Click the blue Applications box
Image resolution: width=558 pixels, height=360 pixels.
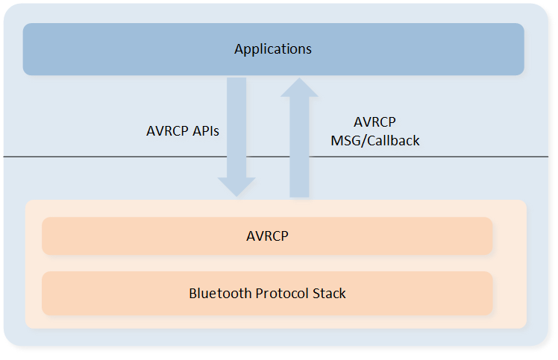click(x=273, y=49)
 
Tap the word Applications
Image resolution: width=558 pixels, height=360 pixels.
click(x=273, y=49)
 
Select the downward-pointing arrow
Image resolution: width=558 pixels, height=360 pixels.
click(x=236, y=137)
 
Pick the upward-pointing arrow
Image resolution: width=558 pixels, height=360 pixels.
click(x=299, y=137)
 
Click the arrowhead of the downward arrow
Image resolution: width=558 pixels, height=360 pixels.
click(x=236, y=187)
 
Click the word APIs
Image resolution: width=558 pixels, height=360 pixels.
click(x=206, y=131)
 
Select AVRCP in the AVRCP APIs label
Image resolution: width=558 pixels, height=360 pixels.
click(x=167, y=131)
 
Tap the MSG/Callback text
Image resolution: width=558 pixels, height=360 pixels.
click(x=375, y=141)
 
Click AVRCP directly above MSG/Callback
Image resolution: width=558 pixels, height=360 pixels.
click(x=374, y=122)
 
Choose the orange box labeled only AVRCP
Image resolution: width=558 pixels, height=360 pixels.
click(x=267, y=236)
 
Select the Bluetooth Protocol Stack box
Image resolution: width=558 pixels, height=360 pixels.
click(x=267, y=293)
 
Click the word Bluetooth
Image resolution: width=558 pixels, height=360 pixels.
click(x=220, y=293)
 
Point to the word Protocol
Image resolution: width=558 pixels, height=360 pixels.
click(x=282, y=293)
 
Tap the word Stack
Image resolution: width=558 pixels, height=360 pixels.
click(x=329, y=293)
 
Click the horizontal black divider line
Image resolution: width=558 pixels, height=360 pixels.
click(x=276, y=157)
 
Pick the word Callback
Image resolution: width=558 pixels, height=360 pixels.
click(x=393, y=141)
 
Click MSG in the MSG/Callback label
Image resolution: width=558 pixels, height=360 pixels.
click(x=346, y=141)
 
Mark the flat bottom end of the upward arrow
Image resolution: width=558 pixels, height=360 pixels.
click(x=299, y=197)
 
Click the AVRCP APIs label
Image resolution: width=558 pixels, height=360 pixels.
click(x=183, y=131)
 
